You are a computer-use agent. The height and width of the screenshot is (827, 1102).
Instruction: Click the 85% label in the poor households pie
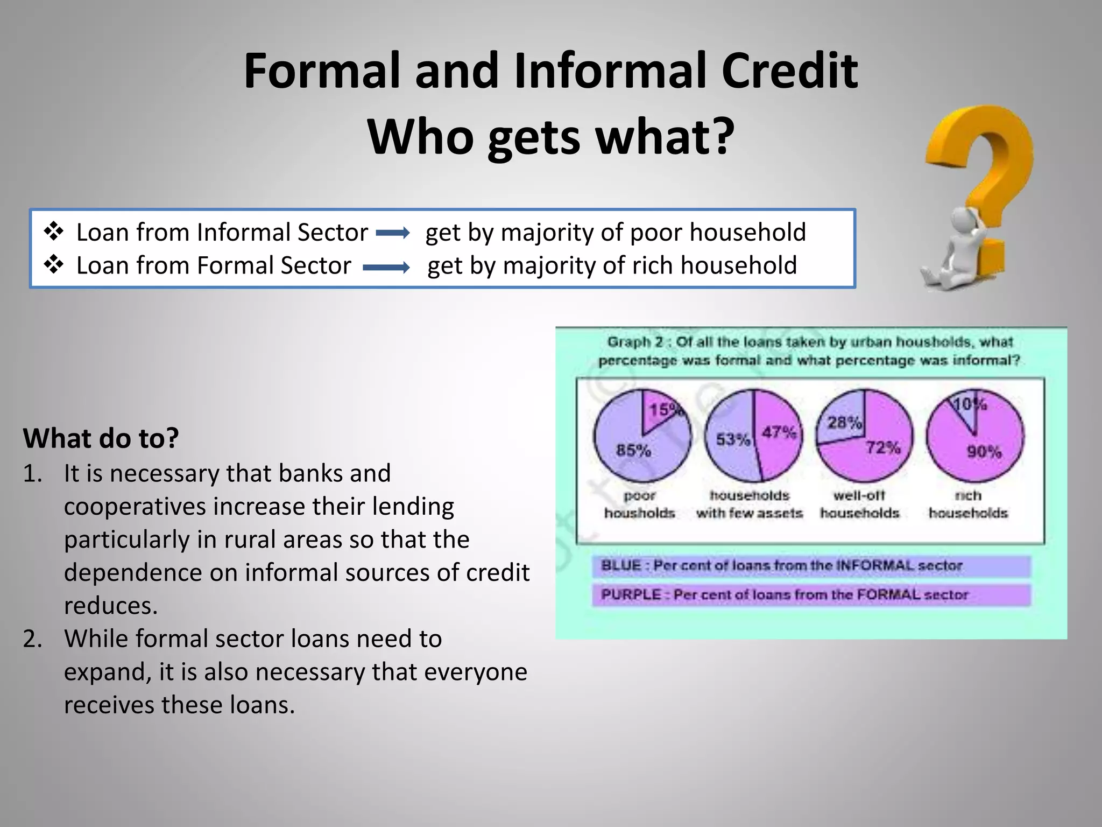[x=633, y=450]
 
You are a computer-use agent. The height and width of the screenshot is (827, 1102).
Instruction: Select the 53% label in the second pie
[x=732, y=440]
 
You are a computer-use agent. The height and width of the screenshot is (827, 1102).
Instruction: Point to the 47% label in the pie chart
[x=779, y=432]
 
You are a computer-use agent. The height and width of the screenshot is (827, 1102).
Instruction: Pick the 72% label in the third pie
[x=883, y=447]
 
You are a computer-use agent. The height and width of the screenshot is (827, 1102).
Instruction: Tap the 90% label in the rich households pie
[x=984, y=451]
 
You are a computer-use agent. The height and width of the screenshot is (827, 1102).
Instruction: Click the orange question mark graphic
[x=985, y=178]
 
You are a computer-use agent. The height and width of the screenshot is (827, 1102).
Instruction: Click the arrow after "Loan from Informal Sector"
[x=393, y=233]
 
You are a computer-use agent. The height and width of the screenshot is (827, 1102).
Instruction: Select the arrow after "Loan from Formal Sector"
[x=386, y=267]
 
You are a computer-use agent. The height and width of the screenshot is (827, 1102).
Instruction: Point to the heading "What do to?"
[x=101, y=438]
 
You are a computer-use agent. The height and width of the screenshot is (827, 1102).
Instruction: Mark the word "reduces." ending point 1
[x=111, y=606]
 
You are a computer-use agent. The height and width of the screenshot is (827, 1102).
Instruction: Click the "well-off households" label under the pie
[x=859, y=504]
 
